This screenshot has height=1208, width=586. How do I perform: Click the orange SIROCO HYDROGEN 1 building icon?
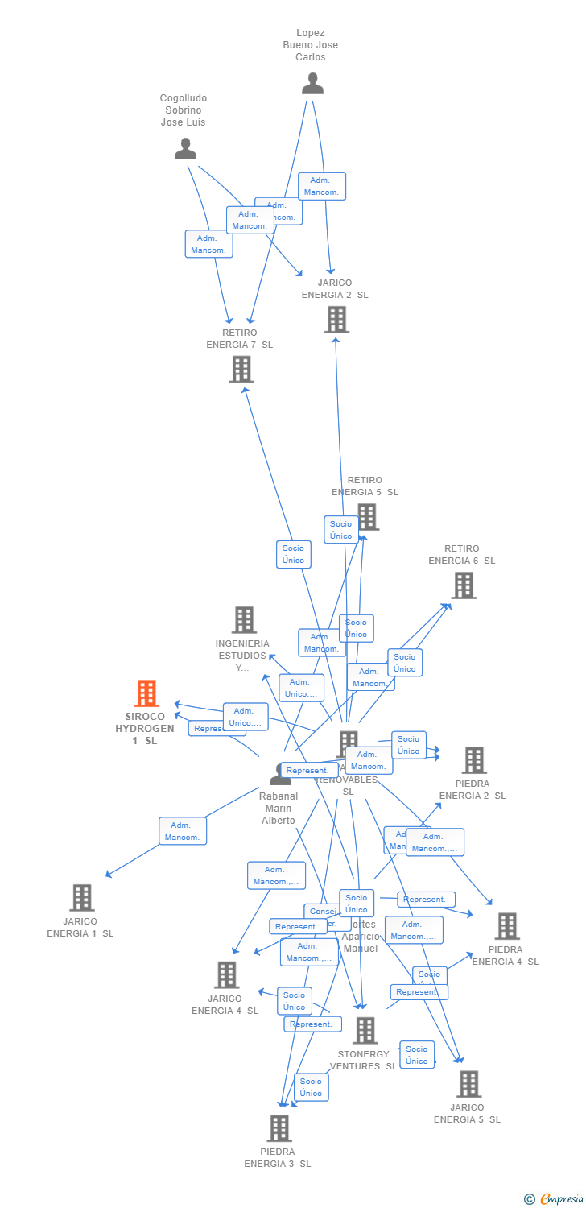[146, 693]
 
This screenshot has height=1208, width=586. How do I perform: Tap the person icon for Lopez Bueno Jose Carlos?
[312, 83]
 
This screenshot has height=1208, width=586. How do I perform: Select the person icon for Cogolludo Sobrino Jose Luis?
[186, 149]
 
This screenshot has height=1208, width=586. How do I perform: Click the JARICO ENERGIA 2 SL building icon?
[336, 320]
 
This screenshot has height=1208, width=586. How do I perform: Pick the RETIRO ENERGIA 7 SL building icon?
[241, 370]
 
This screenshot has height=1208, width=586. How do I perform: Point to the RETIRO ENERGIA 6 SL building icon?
[463, 585]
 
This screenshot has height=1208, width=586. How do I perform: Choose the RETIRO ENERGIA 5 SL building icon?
[367, 516]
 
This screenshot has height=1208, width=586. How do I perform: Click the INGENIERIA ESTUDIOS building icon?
[244, 620]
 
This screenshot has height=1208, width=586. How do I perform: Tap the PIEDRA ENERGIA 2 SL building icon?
[473, 759]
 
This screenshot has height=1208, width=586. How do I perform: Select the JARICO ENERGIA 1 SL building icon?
[81, 897]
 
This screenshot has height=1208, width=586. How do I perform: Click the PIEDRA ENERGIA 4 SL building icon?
[506, 926]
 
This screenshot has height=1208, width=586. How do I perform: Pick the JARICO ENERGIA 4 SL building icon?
[226, 974]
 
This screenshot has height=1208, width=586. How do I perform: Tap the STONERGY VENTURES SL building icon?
[365, 1030]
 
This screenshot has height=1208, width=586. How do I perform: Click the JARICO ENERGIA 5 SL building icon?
[468, 1084]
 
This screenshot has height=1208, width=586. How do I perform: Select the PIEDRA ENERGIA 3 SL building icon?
[279, 1128]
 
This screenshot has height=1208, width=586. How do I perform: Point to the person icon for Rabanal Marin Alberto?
[280, 775]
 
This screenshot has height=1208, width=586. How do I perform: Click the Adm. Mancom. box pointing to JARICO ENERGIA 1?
[183, 831]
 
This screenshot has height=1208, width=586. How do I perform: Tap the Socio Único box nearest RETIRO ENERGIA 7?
[294, 554]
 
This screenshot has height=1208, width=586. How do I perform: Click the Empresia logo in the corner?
[555, 1199]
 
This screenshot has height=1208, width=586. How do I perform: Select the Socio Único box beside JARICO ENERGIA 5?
[417, 1055]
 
